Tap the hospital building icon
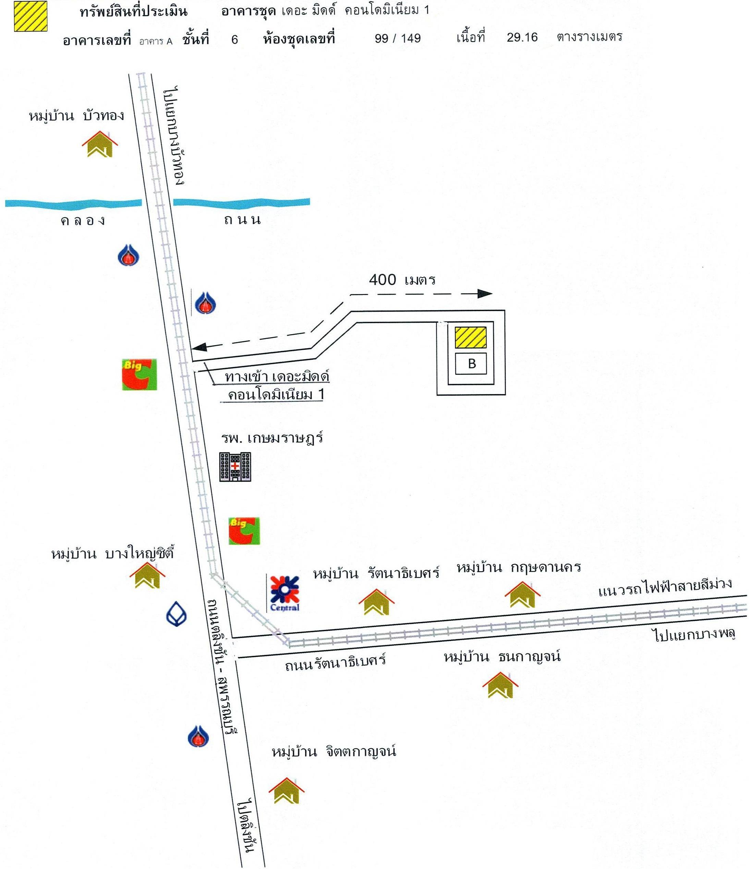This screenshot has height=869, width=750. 235,466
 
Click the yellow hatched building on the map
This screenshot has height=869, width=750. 471,338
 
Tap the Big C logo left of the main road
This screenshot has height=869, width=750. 139,374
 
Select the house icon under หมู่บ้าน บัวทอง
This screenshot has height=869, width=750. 100,144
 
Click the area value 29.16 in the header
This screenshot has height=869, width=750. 522,37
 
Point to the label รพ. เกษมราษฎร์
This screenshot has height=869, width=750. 272,439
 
